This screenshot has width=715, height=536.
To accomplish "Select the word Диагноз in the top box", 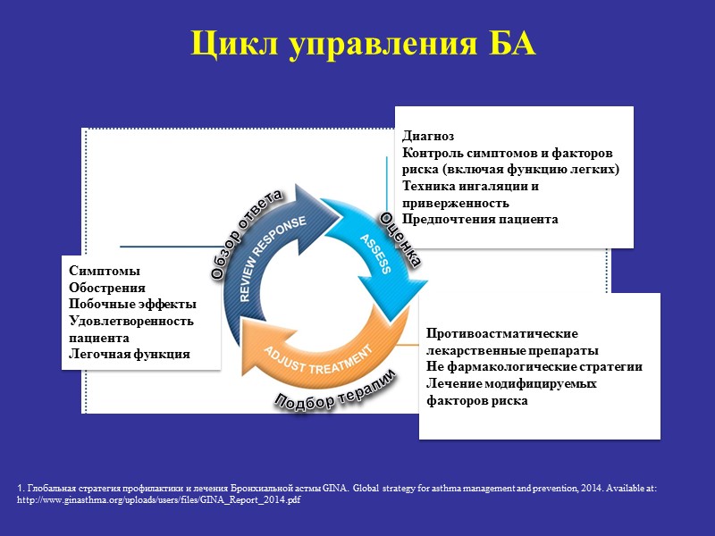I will (x=428, y=137).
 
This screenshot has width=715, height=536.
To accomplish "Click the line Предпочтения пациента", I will (x=480, y=219).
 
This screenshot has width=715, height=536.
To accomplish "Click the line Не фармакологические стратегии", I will (x=534, y=366).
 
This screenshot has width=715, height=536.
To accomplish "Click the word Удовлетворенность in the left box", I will (x=130, y=321).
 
